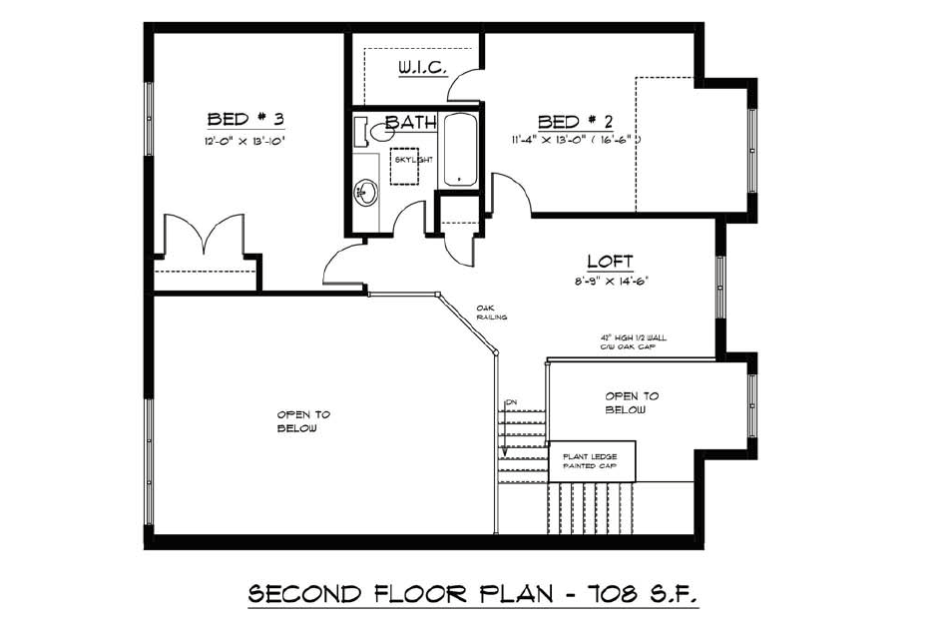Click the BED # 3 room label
tap(245, 120)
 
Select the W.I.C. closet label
tap(421, 68)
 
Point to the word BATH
tap(411, 123)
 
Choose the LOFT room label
tap(604, 262)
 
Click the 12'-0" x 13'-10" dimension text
tap(245, 142)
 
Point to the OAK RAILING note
tap(492, 313)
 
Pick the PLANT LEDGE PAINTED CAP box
tap(591, 460)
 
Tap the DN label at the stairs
tap(512, 402)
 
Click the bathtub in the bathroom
tap(460, 150)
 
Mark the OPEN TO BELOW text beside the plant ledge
tap(631, 402)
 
